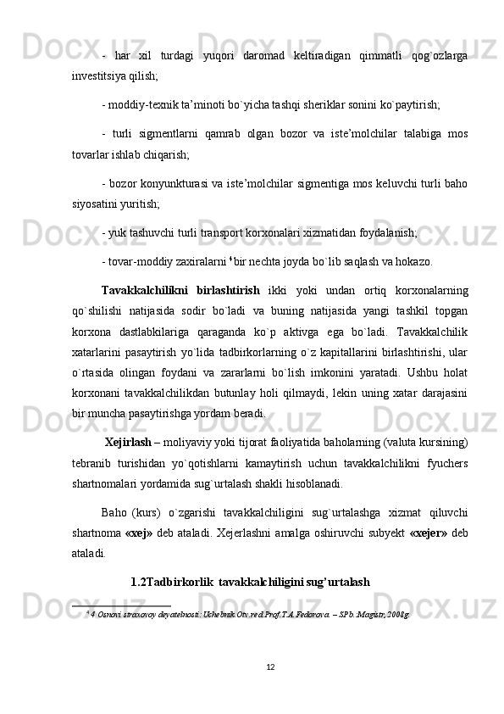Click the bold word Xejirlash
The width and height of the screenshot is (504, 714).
(x=128, y=442)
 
